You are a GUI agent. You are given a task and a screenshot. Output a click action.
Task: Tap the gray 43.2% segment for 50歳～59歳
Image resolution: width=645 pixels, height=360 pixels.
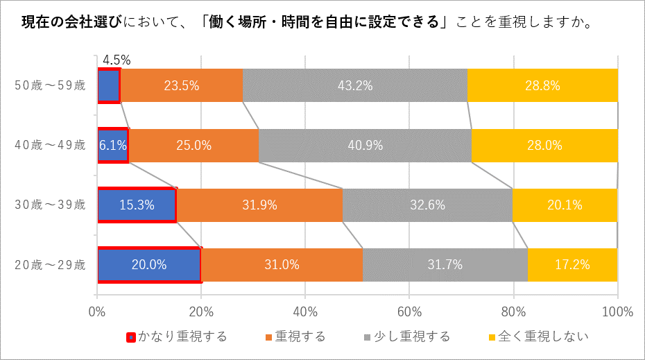pyautogui.click(x=354, y=86)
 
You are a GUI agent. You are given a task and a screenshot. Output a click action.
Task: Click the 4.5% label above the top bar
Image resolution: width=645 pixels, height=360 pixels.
pyautogui.click(x=117, y=60)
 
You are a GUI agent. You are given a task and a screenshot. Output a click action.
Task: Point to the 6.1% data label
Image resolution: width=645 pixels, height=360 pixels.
pyautogui.click(x=112, y=146)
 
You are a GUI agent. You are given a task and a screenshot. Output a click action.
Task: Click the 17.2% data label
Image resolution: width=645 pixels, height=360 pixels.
pyautogui.click(x=572, y=264)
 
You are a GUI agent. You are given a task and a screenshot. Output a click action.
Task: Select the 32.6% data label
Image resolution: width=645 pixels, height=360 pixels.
pyautogui.click(x=427, y=205)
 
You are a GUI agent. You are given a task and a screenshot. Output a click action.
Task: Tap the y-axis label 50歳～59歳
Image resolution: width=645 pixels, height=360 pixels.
pyautogui.click(x=51, y=86)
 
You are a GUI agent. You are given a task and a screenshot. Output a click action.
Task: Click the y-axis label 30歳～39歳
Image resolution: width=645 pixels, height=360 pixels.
pyautogui.click(x=51, y=205)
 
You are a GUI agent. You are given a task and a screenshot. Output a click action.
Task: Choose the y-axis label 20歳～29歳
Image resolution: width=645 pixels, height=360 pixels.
pyautogui.click(x=51, y=264)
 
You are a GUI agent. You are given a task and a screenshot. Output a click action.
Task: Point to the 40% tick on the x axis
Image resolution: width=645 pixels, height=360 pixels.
pyautogui.click(x=305, y=311)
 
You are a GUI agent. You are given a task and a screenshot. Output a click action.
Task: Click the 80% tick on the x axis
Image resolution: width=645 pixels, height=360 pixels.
pyautogui.click(x=513, y=311)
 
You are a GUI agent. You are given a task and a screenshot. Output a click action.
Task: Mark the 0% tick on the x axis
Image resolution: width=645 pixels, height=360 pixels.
pyautogui.click(x=97, y=311)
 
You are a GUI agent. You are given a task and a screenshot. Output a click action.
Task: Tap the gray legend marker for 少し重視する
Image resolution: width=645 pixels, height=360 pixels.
pyautogui.click(x=368, y=338)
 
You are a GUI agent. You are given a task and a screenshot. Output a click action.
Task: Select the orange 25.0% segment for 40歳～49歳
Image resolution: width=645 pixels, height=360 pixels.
pyautogui.click(x=193, y=146)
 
